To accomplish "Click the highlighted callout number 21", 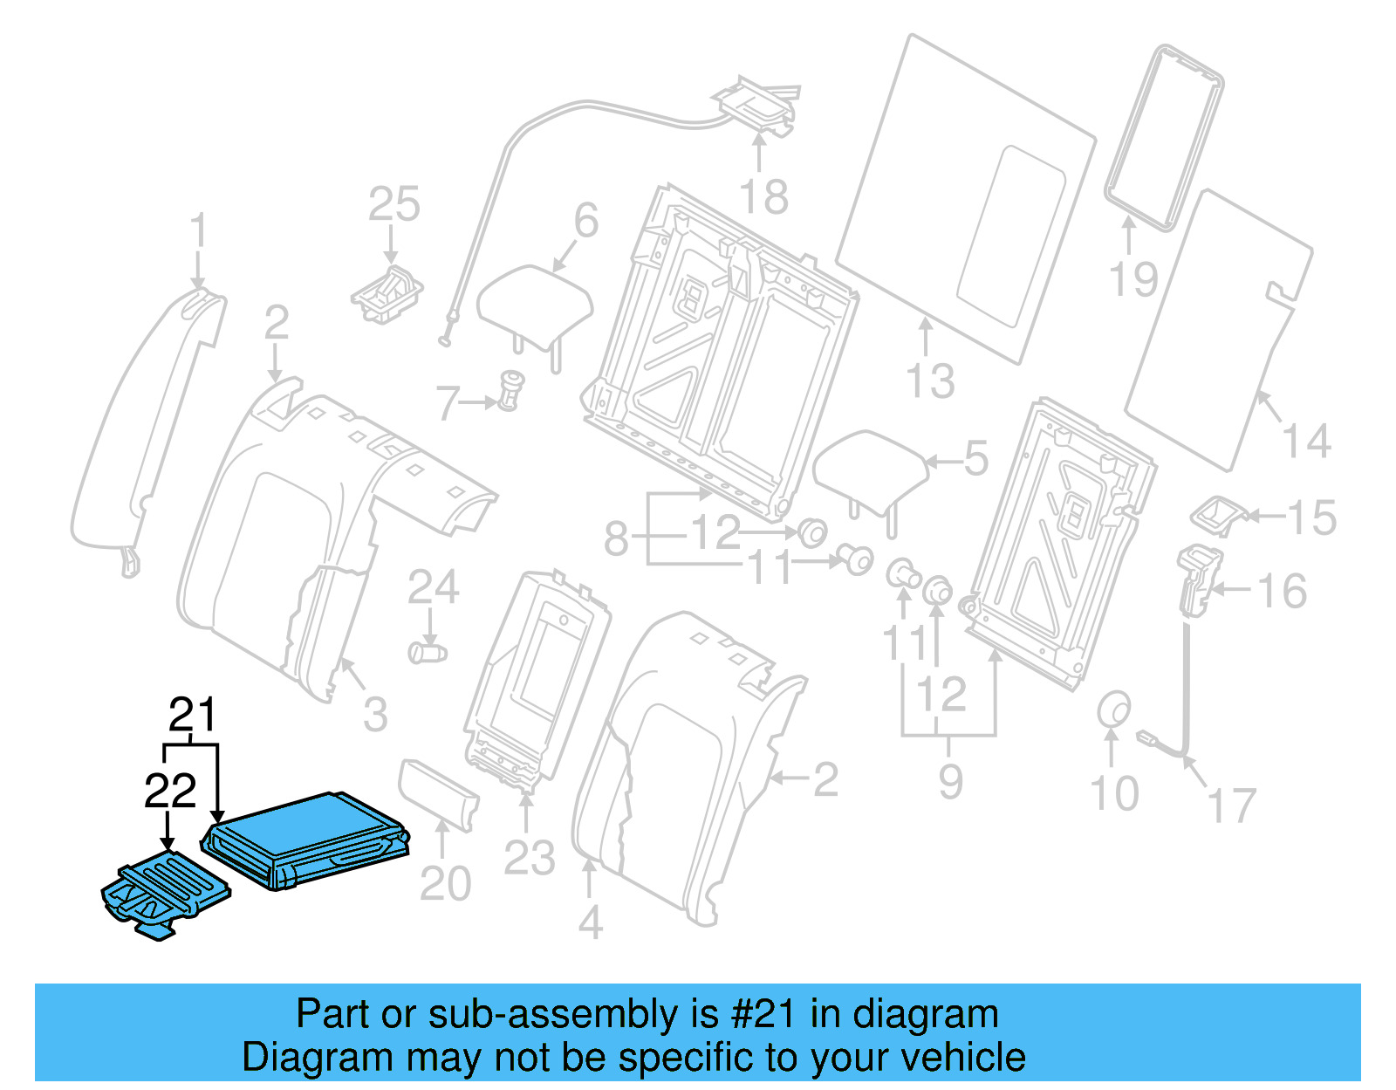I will click(192, 716).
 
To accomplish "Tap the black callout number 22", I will click(170, 792).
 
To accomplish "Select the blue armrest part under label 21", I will click(305, 838).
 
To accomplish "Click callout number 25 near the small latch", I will click(393, 205).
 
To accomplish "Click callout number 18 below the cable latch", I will click(763, 197).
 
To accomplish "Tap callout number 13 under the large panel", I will click(930, 382).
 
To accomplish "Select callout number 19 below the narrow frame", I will click(1133, 279).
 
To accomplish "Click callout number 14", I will click(1306, 441).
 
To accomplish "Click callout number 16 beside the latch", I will click(1282, 592).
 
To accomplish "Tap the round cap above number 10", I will click(1113, 710).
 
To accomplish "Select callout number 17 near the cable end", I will click(1230, 806).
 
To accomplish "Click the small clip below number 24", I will click(428, 652).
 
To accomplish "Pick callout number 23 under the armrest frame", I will click(529, 858).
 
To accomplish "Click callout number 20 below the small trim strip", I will click(445, 884).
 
